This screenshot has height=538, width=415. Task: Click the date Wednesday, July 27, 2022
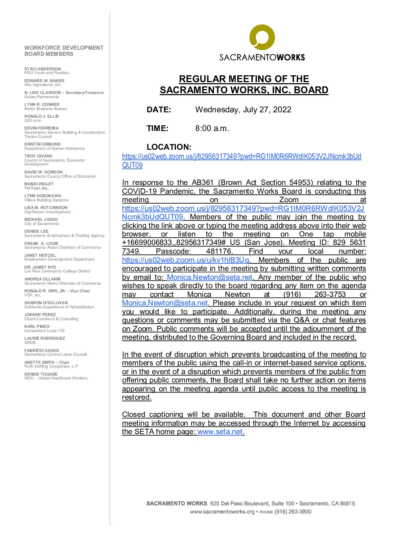pyautogui.click(x=243, y=110)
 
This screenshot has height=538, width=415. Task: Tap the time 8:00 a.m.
pyautogui.click(x=212, y=128)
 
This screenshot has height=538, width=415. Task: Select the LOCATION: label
pyautogui.click(x=169, y=147)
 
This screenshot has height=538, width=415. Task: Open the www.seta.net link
pyautogui.click(x=220, y=432)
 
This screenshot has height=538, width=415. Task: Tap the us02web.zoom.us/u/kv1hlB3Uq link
pyautogui.click(x=185, y=260)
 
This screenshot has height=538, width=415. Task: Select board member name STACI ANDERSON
pyautogui.click(x=43, y=69)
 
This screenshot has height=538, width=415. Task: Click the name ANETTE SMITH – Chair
pyautogui.click(x=47, y=362)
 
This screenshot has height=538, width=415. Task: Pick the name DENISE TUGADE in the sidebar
pyautogui.click(x=41, y=374)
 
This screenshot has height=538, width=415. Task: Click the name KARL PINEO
pyautogui.click(x=37, y=326)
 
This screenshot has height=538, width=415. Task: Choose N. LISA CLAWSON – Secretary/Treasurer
pyautogui.click(x=64, y=92)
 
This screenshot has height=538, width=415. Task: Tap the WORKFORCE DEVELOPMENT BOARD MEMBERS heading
pyautogui.click(x=64, y=51)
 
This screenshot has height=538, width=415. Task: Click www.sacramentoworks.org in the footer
pyautogui.click(x=222, y=512)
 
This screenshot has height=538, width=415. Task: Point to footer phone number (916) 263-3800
pyautogui.click(x=293, y=512)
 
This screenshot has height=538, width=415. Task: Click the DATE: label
pyautogui.click(x=159, y=110)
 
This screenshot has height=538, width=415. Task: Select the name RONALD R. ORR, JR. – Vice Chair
pyautogui.click(x=57, y=291)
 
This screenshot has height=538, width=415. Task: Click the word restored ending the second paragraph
pyautogui.click(x=136, y=397)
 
